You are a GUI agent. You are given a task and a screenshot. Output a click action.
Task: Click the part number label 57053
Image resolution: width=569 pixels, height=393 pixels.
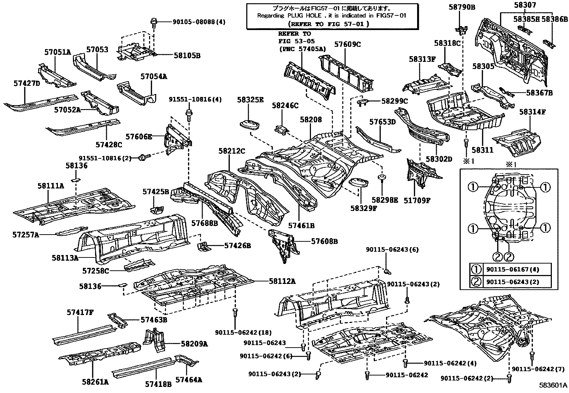(98, 49)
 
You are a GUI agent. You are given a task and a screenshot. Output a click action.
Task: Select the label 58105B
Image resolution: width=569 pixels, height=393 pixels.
(187, 55)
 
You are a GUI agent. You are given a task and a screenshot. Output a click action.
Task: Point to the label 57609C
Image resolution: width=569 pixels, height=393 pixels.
(347, 45)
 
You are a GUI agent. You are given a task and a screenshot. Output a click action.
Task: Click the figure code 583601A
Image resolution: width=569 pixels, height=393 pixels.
(553, 385)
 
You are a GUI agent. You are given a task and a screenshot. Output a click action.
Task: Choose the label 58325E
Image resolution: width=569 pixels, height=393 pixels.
(250, 100)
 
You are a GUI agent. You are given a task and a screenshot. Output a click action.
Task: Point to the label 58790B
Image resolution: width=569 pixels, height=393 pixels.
(462, 6)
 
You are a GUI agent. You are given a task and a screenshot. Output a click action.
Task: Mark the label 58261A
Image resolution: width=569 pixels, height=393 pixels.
(95, 382)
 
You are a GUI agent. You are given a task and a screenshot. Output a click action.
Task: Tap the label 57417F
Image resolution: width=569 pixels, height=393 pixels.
(80, 313)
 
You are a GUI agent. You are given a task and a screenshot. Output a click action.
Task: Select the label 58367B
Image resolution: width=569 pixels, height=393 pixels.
(539, 93)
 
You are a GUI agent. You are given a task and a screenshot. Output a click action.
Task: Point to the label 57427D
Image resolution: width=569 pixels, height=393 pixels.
(27, 83)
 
